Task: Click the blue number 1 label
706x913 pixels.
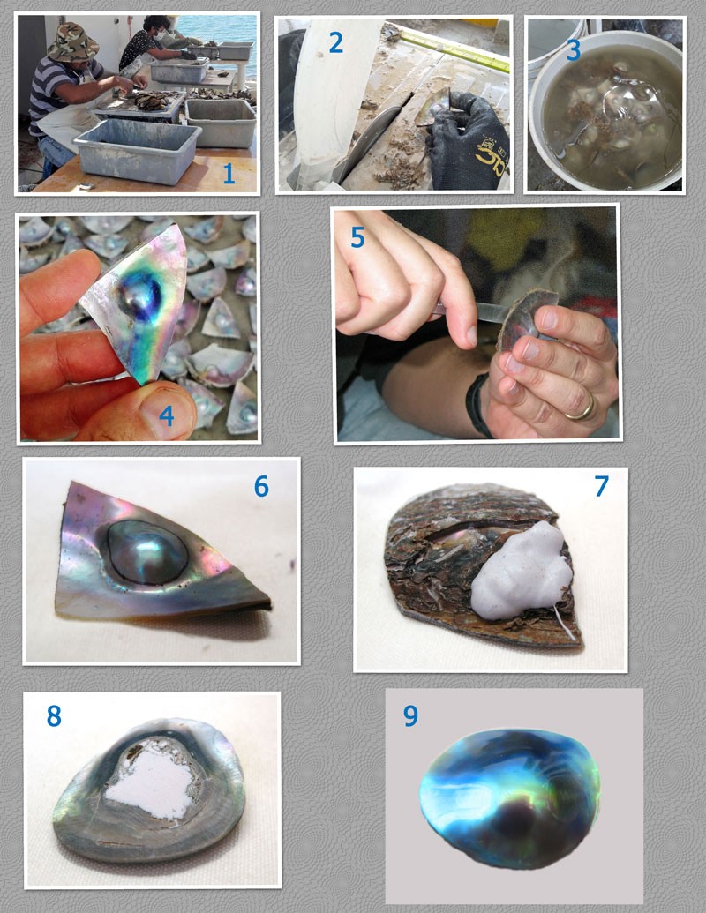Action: pyautogui.click(x=229, y=174)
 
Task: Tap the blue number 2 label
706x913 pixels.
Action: pyautogui.click(x=335, y=42)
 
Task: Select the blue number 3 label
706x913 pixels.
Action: pyautogui.click(x=574, y=50)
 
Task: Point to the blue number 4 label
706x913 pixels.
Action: pyautogui.click(x=167, y=415)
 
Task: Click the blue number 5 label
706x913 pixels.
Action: pyautogui.click(x=357, y=237)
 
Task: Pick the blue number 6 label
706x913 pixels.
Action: pyautogui.click(x=261, y=486)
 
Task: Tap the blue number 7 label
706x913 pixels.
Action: pyautogui.click(x=601, y=486)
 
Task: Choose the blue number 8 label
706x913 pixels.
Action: pyautogui.click(x=54, y=715)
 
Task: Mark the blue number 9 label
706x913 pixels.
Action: pyautogui.click(x=410, y=715)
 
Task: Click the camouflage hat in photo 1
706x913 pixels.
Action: pyautogui.click(x=73, y=42)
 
